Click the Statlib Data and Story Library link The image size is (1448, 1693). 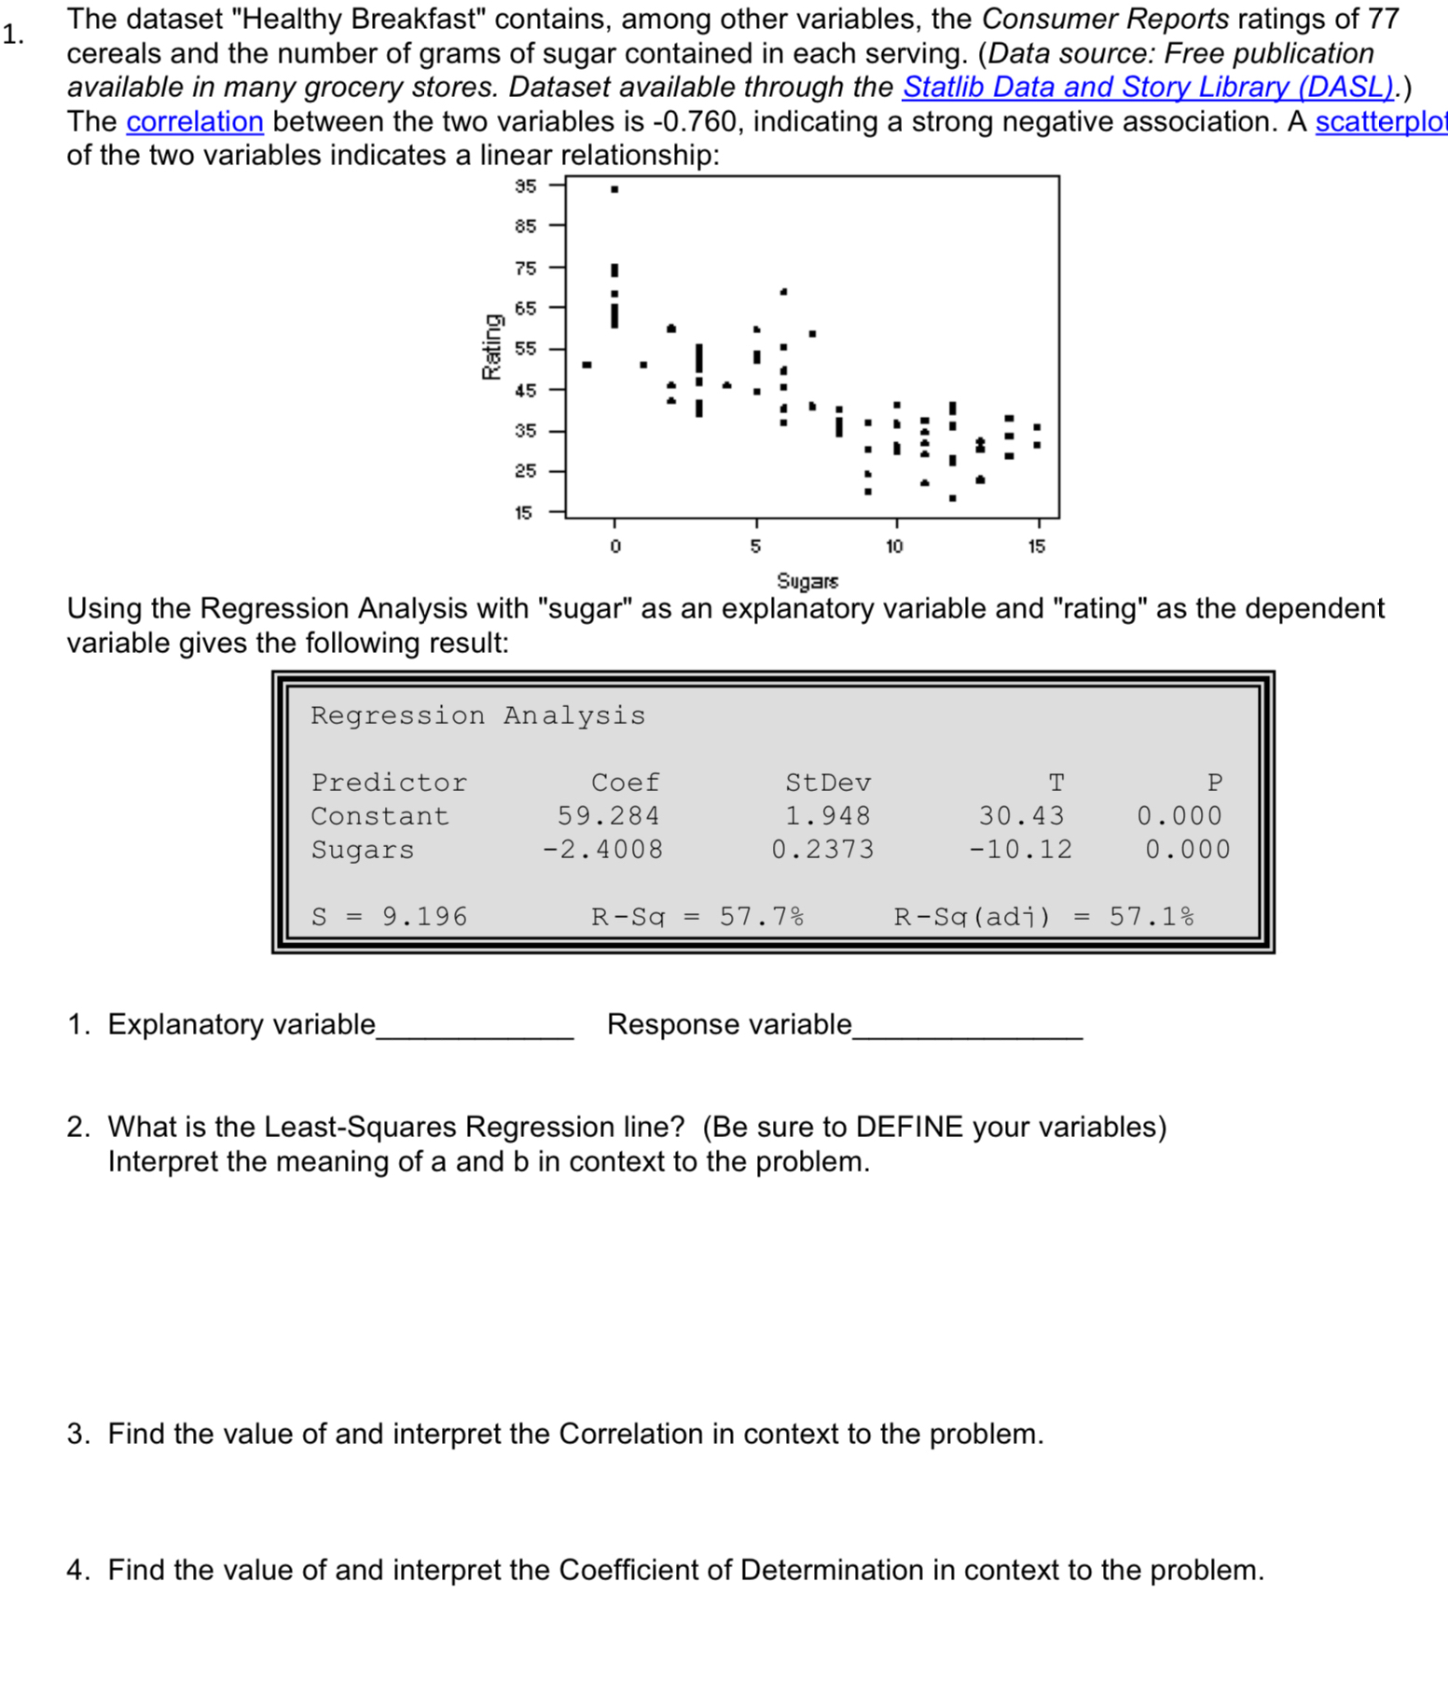coord(1149,87)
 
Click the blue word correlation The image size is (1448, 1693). coord(195,121)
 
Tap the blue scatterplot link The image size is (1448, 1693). coord(1380,121)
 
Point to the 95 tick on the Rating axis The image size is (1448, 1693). coord(526,186)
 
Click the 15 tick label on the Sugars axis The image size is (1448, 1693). coord(1037,547)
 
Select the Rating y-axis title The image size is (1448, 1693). coord(490,347)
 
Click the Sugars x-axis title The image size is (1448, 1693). coord(807,581)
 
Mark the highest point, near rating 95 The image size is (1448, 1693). coord(614,189)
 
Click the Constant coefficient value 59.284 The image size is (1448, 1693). coord(608,816)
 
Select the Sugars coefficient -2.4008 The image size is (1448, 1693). coord(603,850)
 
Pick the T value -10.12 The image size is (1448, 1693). coord(1021,850)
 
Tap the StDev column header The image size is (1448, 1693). coord(828,783)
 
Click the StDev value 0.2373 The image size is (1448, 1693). coord(822,850)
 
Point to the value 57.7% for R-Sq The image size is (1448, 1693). coord(761,917)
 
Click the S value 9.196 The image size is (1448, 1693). coord(424,917)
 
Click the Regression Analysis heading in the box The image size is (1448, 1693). coord(477,715)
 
